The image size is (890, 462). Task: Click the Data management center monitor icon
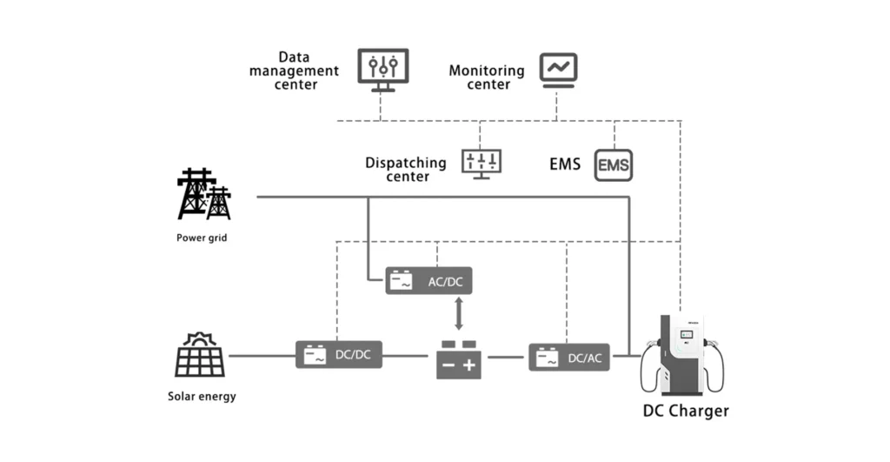(x=382, y=69)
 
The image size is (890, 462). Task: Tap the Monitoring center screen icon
(x=558, y=69)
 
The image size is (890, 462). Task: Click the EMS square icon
(x=614, y=164)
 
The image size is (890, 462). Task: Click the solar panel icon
(x=200, y=355)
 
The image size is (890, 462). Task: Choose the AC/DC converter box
(x=429, y=281)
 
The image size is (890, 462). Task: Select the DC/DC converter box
(x=339, y=355)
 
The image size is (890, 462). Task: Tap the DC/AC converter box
(x=569, y=357)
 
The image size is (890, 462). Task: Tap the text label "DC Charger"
(x=686, y=411)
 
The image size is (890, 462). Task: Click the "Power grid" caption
(x=202, y=238)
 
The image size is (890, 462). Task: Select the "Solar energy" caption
(x=202, y=397)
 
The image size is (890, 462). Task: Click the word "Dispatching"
(x=406, y=163)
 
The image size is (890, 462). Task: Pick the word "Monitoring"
(x=487, y=70)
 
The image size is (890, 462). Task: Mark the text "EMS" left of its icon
(x=565, y=164)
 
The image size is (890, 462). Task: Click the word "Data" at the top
(x=295, y=57)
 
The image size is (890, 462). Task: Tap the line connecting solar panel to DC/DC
(x=261, y=355)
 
